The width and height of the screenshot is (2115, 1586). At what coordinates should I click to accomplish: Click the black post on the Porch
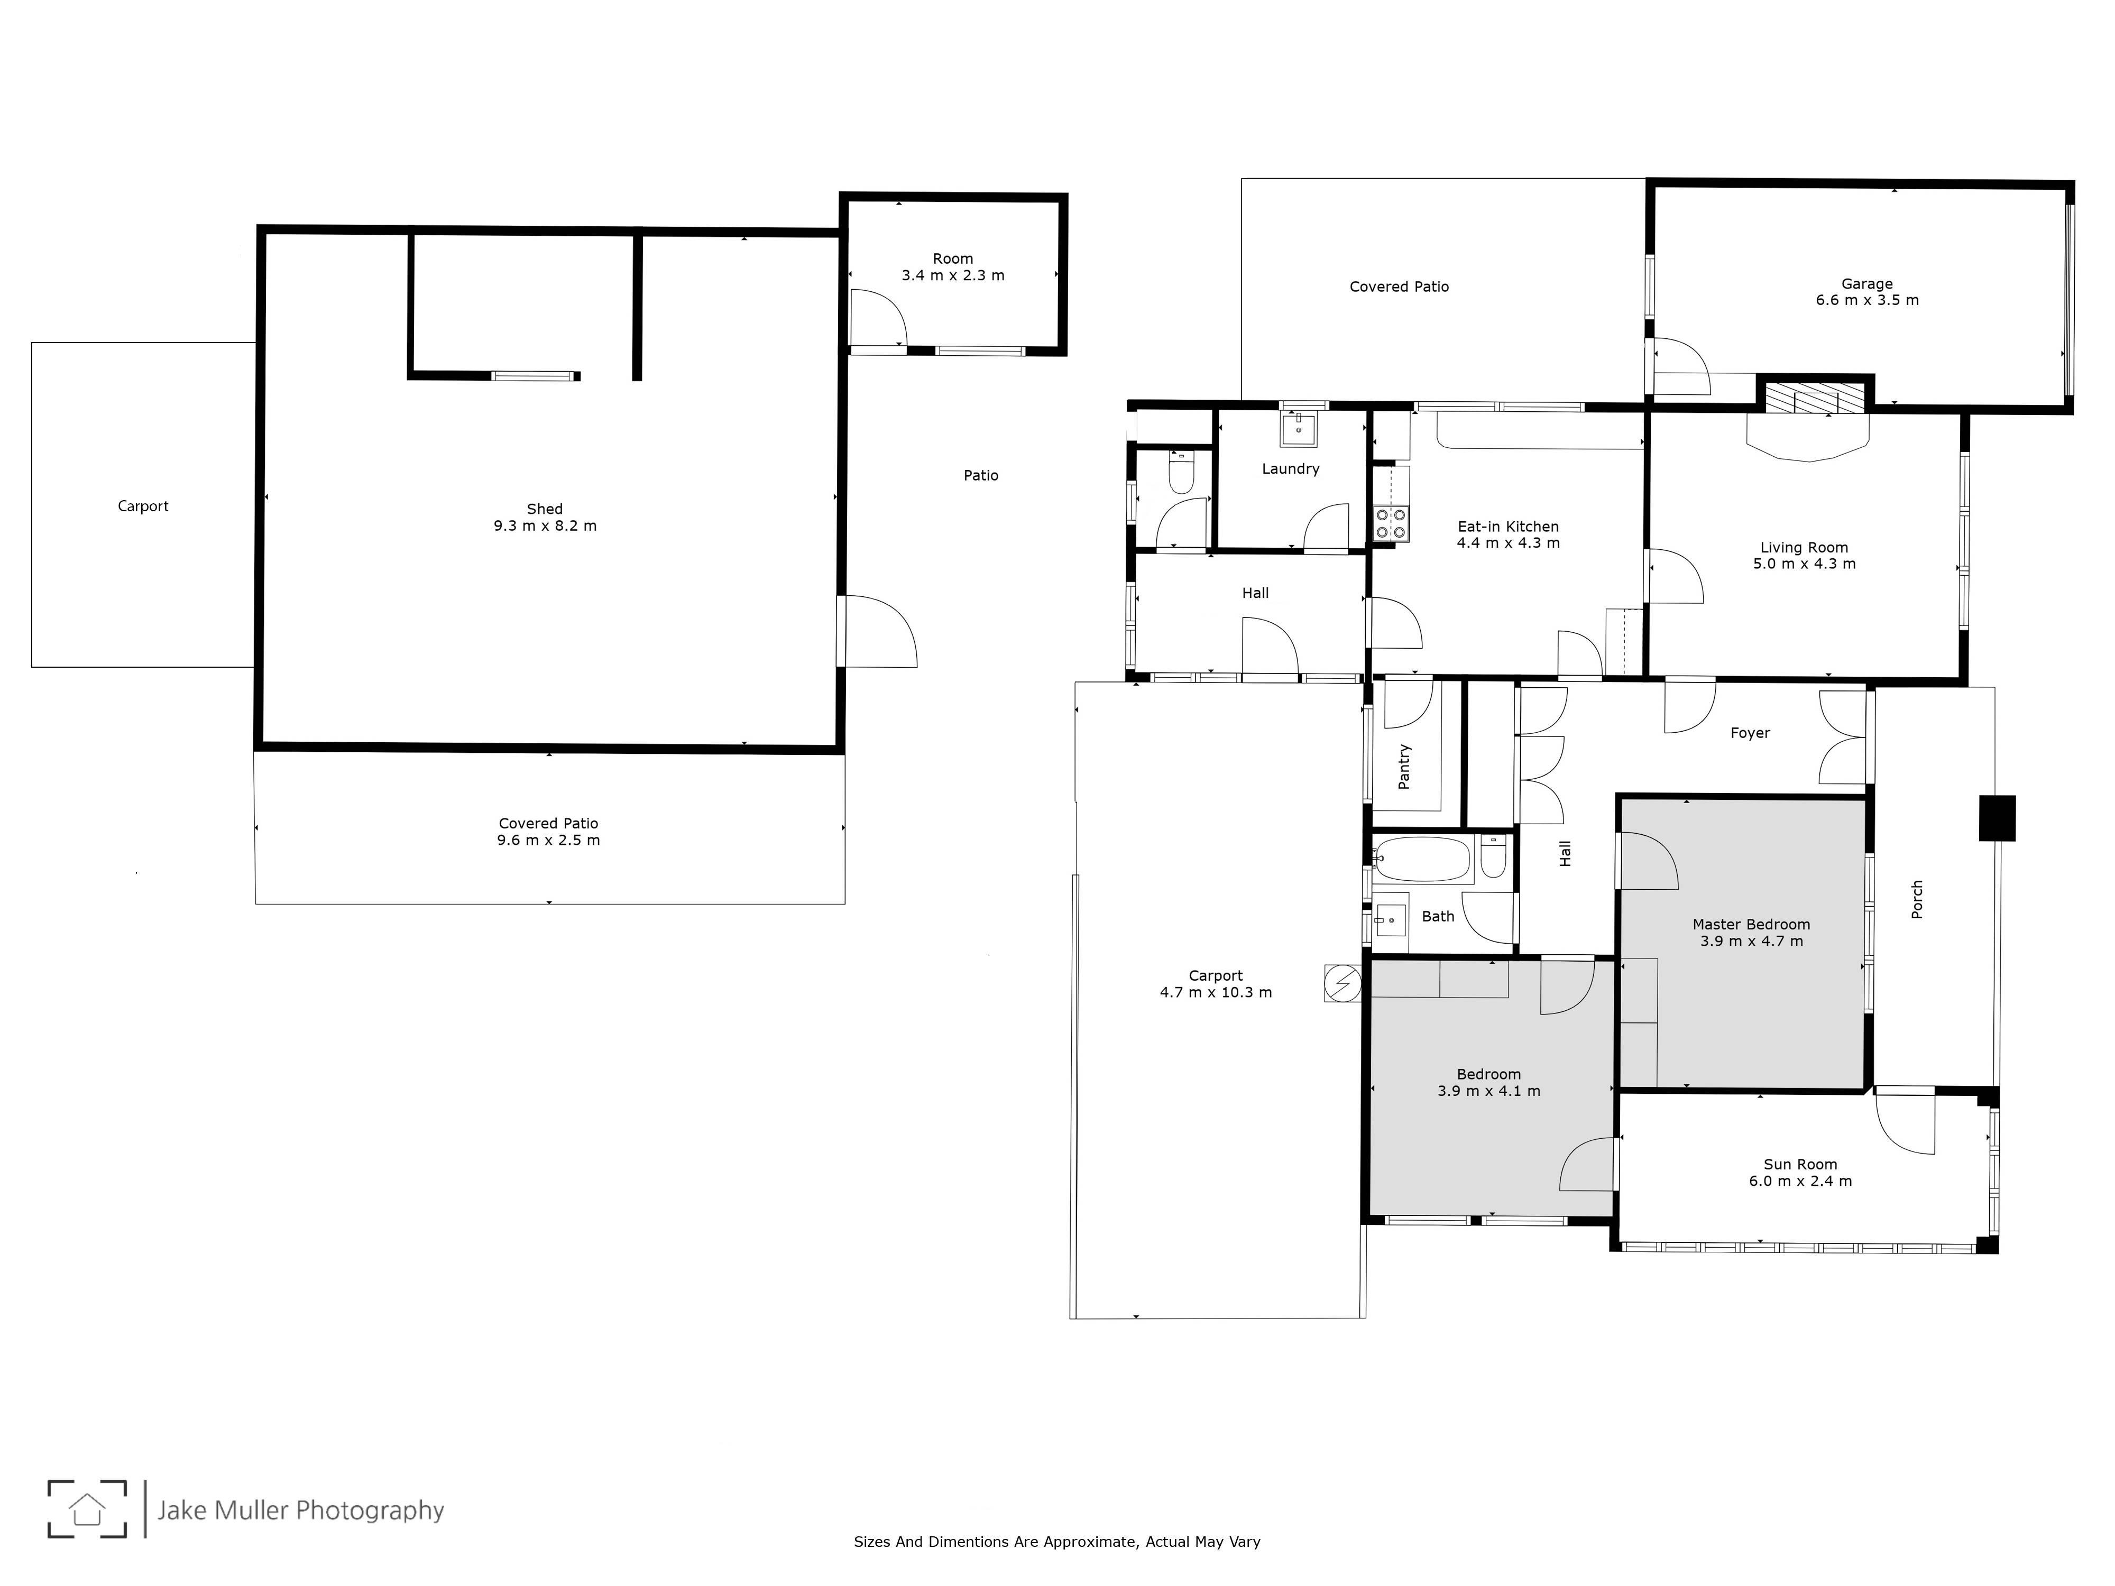[1997, 818]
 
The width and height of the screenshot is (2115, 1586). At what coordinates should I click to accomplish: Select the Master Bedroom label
[1751, 925]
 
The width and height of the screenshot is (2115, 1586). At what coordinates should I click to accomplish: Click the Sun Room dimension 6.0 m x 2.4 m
[1800, 1181]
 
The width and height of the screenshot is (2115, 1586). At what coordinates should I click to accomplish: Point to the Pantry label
[1404, 766]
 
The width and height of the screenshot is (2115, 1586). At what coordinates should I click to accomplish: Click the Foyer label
[1750, 733]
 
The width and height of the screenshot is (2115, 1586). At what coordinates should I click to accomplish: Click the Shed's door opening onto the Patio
[878, 631]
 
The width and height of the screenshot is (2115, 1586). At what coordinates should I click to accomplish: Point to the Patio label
[981, 475]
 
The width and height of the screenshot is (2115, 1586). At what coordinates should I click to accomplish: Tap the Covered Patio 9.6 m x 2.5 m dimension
[549, 841]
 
